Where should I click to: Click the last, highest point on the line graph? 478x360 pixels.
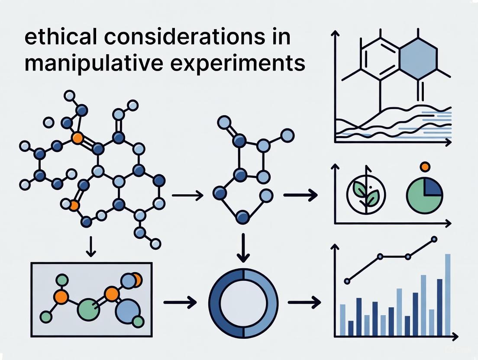click(x=434, y=239)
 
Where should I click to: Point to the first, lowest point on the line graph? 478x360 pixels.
click(x=347, y=281)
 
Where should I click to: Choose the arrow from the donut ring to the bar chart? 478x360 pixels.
click(x=304, y=302)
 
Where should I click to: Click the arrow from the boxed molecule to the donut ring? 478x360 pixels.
click(x=180, y=302)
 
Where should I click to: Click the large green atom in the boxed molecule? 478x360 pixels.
click(x=86, y=309)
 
